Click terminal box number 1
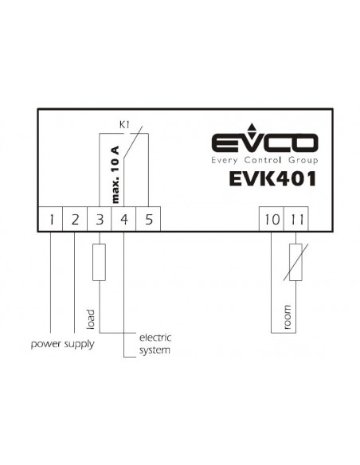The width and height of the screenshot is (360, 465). point(50,219)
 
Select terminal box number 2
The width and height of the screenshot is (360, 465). point(75,219)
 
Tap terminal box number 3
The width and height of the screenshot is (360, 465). point(100,219)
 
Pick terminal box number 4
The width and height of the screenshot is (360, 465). point(123,219)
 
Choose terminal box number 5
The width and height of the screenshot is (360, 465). point(148,219)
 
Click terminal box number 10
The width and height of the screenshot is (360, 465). point(272,219)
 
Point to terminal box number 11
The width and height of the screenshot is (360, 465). point(296,219)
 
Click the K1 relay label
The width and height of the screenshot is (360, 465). point(124,125)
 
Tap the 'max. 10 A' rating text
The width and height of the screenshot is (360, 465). point(115,174)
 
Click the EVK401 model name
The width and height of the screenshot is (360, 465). point(272,179)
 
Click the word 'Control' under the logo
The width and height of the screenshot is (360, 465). point(263,160)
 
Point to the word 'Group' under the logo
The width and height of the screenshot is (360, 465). point(303,161)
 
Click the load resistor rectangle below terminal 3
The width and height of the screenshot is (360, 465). point(99,262)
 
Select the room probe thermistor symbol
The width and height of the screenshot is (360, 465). point(295,262)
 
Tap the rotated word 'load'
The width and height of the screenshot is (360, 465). point(91,319)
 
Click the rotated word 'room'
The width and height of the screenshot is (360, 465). point(287,317)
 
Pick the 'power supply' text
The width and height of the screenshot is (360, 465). point(63,345)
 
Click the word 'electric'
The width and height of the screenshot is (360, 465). point(155,338)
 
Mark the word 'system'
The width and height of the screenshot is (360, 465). point(155,350)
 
